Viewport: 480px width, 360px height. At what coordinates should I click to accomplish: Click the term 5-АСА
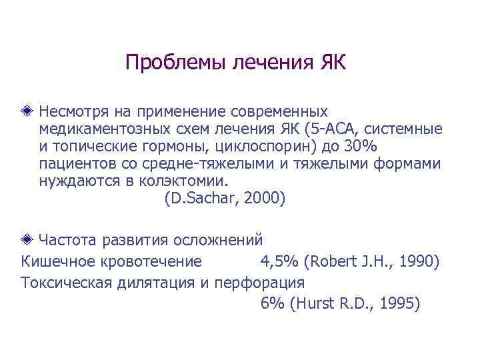[x=324, y=127]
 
